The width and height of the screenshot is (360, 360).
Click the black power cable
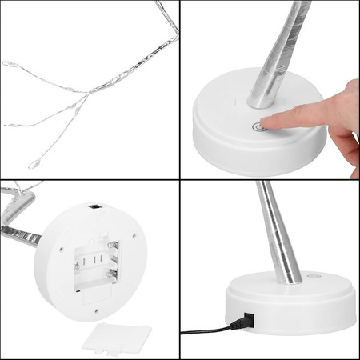[x=204, y=329]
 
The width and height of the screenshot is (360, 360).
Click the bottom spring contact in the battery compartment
[x=112, y=276]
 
